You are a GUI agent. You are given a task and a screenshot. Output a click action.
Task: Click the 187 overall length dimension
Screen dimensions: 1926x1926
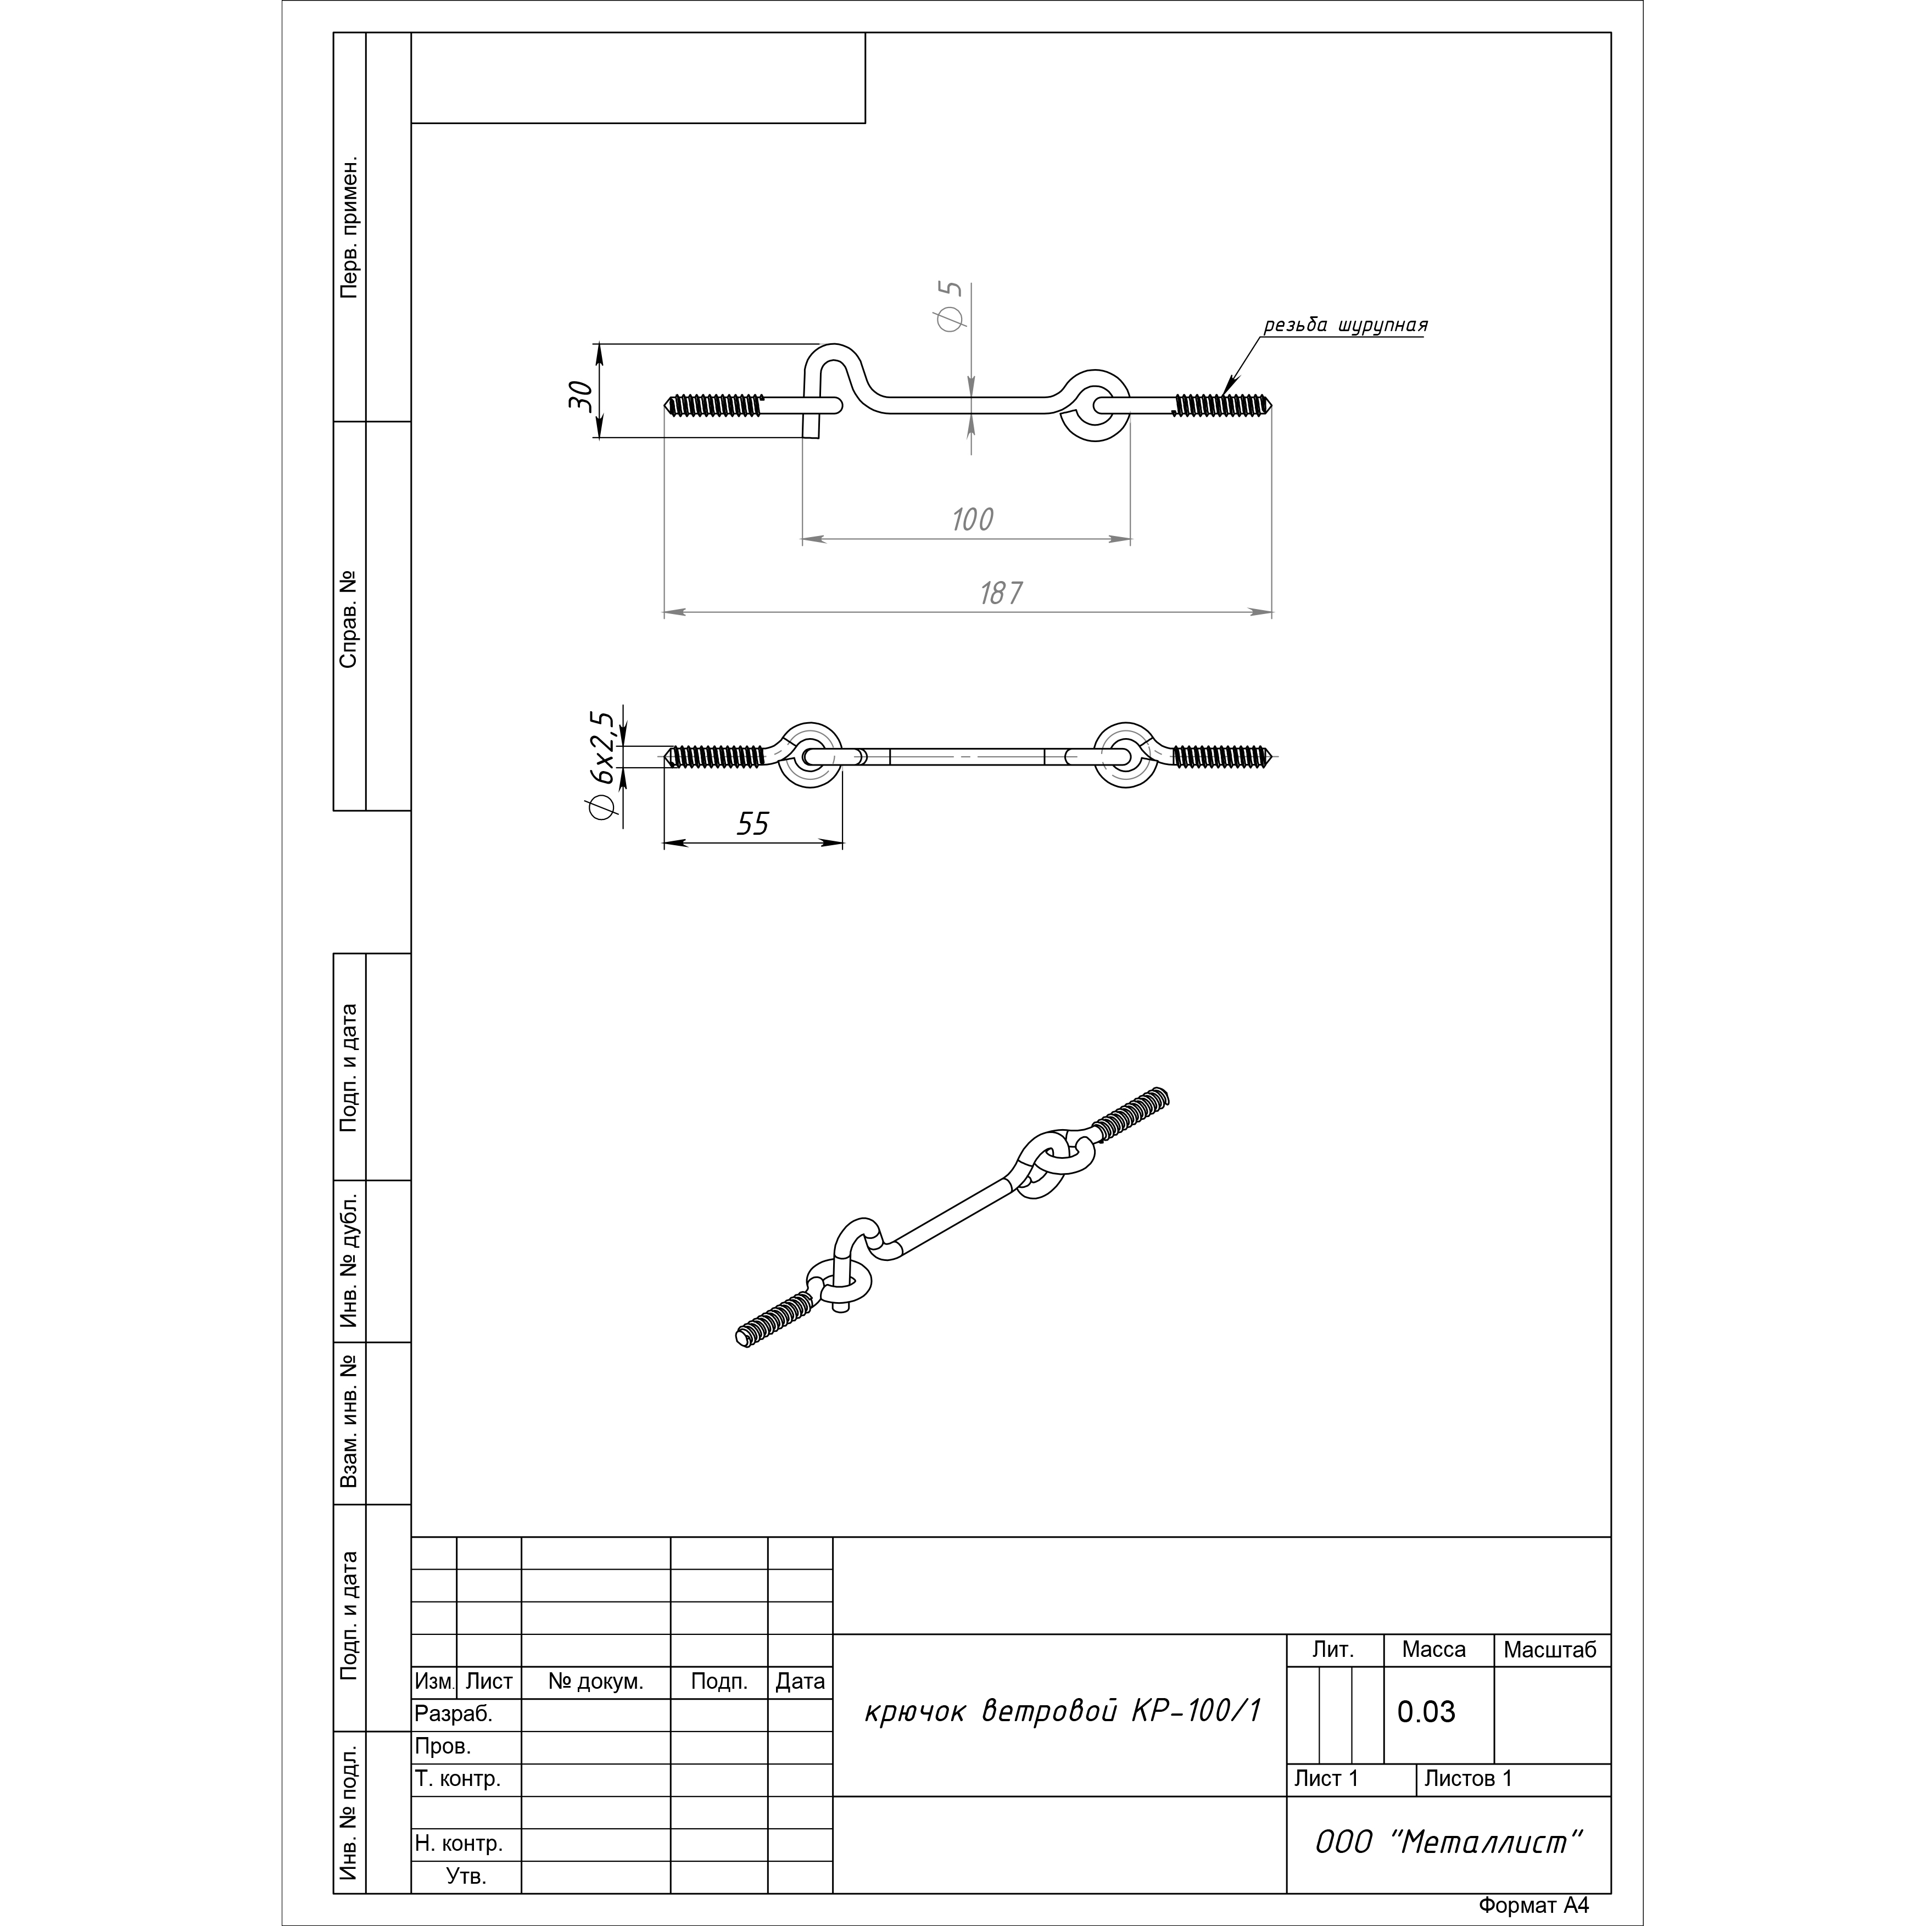pos(1000,593)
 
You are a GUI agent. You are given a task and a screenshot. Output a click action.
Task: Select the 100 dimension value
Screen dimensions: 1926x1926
pos(972,520)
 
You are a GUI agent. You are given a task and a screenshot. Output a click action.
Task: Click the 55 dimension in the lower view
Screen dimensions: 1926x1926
pos(752,823)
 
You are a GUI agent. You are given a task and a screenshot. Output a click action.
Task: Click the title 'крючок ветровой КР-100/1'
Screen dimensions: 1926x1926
pos(1063,1711)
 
